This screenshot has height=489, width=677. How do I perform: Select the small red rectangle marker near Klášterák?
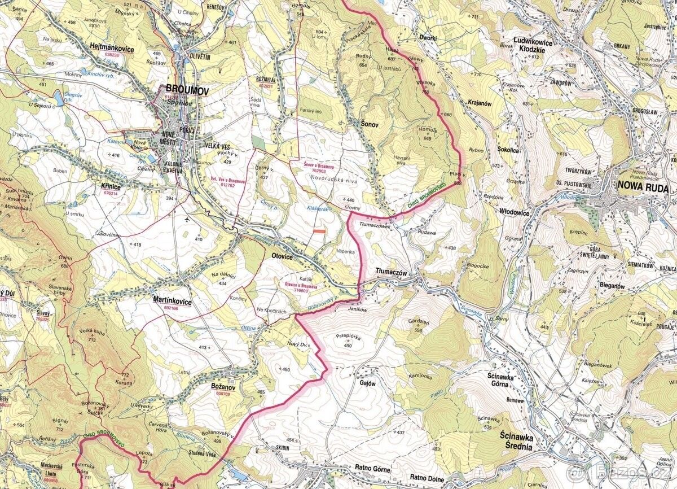[319, 232]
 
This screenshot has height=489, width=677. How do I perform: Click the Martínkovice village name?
[172, 302]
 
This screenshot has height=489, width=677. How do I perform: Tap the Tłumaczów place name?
[391, 272]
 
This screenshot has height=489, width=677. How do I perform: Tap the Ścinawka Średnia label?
[517, 440]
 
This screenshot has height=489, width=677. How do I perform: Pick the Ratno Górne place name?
[373, 468]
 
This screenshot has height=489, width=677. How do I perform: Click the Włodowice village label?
[515, 213]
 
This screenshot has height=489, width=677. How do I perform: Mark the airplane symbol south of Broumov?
[187, 219]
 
